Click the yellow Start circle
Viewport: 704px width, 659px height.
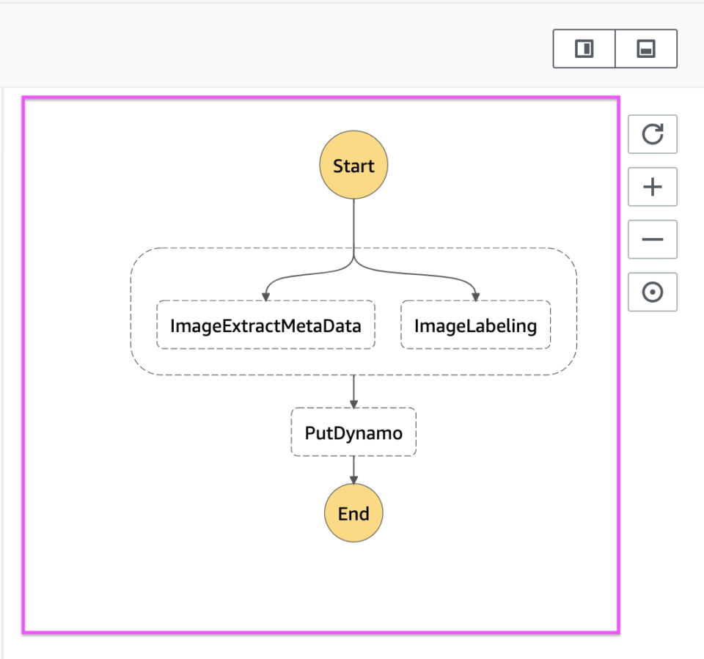[353, 166]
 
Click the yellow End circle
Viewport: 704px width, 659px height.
[353, 513]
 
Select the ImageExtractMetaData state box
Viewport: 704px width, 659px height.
[265, 325]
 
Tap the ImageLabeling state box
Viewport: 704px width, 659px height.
[475, 325]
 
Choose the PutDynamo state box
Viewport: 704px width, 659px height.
[353, 432]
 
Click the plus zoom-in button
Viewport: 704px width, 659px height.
[652, 187]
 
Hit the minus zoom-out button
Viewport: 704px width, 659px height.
[652, 240]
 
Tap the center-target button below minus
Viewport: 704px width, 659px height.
[652, 292]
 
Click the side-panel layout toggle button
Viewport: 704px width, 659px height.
[584, 49]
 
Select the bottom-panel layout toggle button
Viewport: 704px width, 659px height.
[645, 49]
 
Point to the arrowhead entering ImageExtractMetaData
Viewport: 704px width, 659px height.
[265, 296]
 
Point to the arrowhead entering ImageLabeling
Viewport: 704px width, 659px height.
[475, 296]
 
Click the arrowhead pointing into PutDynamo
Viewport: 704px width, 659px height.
[353, 404]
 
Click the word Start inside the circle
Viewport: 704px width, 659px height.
[353, 166]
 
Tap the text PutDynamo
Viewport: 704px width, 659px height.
[353, 433]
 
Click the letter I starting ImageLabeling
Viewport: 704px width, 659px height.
[417, 325]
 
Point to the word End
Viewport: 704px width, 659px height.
[353, 514]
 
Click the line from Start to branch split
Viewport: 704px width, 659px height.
[353, 227]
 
